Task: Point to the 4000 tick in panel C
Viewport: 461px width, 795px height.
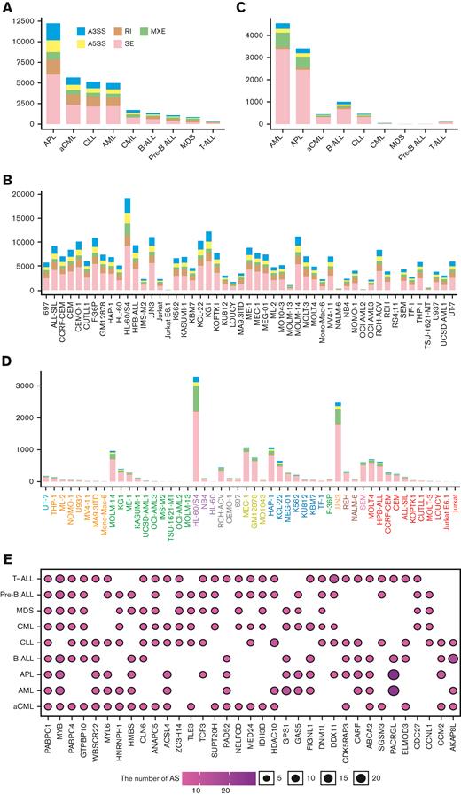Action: (x=258, y=35)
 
